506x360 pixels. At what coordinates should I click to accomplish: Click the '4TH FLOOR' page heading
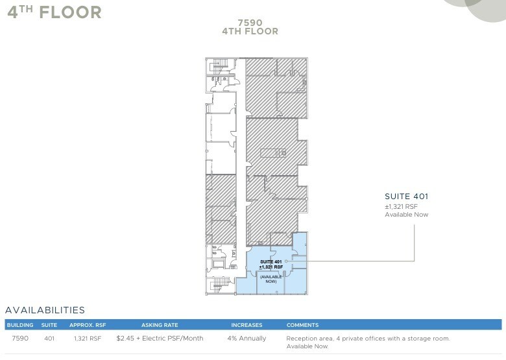coord(54,12)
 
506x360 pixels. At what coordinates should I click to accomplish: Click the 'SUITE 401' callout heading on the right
coord(407,197)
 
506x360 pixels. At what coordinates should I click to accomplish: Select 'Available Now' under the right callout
coord(407,215)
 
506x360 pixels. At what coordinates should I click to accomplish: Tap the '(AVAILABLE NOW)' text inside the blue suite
coord(271,279)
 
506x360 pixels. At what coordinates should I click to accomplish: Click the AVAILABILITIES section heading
coord(45,311)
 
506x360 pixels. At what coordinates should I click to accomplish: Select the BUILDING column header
coord(20,325)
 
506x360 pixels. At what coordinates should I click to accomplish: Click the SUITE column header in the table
coord(49,325)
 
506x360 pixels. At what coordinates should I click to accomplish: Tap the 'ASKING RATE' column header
coord(160,325)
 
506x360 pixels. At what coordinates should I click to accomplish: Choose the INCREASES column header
coord(247,325)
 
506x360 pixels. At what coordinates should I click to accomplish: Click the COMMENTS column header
coord(302,325)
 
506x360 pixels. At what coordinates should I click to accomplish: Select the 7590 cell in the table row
coord(20,339)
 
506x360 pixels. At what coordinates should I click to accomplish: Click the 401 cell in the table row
coord(49,339)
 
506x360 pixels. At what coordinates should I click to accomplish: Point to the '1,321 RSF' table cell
coord(87,339)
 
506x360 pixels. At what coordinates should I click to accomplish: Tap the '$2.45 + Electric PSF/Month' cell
coord(160,339)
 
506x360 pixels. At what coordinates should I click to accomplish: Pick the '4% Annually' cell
coord(247,339)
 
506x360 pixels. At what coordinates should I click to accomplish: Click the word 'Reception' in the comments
coord(301,339)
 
